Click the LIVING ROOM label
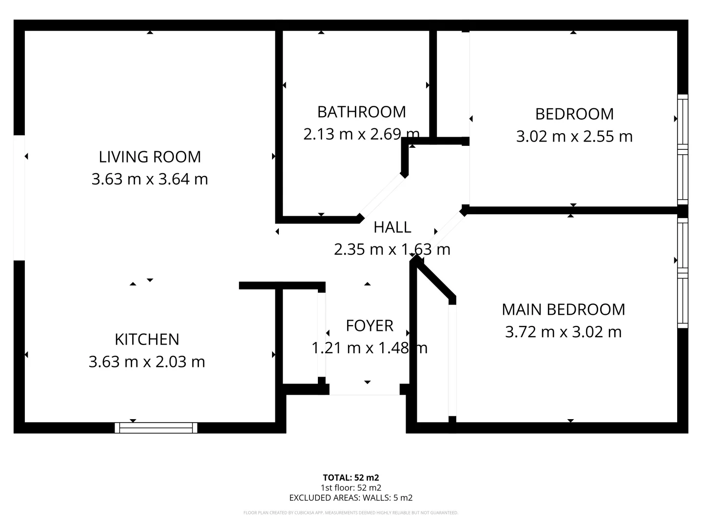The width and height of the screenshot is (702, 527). pos(150,157)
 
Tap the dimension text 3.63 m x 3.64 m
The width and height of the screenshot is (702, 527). pos(150,179)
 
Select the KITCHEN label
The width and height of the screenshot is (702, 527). pos(147,339)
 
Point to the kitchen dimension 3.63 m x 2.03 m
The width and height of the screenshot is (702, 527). pos(147,362)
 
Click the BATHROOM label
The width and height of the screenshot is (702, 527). pos(361,112)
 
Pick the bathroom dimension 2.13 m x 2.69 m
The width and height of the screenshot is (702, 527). pos(361,134)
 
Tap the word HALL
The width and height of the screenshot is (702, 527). pos(392,227)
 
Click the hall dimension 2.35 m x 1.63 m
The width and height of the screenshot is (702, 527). pos(392,249)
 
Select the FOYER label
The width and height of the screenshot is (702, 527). pos(369,325)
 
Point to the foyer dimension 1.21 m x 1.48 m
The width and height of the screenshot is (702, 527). pos(369,348)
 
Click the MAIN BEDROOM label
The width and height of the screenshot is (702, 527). pos(563,309)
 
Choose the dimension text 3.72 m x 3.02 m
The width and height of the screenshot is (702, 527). pos(563,332)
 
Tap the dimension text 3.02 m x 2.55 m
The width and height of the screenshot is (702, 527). pos(574,136)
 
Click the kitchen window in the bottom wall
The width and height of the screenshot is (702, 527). pos(156,428)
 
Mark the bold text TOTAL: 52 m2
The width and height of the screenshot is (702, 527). pos(351,478)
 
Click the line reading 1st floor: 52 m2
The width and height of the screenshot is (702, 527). pos(351,487)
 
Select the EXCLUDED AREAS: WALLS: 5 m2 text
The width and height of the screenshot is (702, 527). pos(351,498)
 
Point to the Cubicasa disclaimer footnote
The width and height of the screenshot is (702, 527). pos(351,513)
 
